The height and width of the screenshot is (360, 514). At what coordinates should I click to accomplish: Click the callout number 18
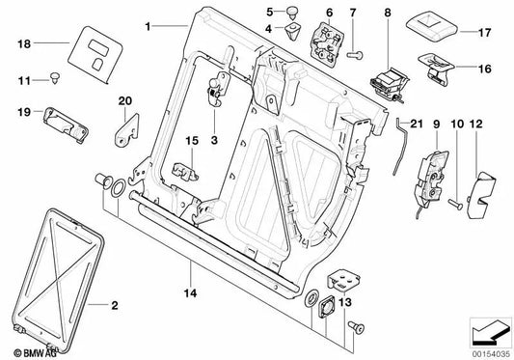(x=24, y=43)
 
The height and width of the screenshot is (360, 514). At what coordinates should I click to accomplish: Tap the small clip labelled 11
(x=54, y=79)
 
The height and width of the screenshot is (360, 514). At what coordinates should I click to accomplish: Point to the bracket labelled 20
(x=126, y=129)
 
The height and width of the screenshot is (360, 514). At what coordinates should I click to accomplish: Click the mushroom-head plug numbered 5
(x=291, y=14)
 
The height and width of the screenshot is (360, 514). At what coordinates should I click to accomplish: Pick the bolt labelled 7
(x=356, y=55)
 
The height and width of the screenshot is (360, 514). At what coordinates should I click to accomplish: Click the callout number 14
(x=190, y=292)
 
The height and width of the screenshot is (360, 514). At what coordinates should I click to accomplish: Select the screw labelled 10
(x=455, y=204)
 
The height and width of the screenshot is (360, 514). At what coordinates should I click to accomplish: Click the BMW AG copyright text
(x=36, y=353)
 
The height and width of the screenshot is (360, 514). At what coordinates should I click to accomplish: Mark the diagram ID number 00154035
(x=491, y=354)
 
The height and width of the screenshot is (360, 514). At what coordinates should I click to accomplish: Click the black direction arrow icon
(x=488, y=333)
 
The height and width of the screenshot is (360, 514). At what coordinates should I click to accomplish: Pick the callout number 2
(x=115, y=306)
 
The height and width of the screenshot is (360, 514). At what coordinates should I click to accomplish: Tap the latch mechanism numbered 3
(x=218, y=88)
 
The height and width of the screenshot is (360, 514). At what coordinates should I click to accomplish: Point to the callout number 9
(x=436, y=125)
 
